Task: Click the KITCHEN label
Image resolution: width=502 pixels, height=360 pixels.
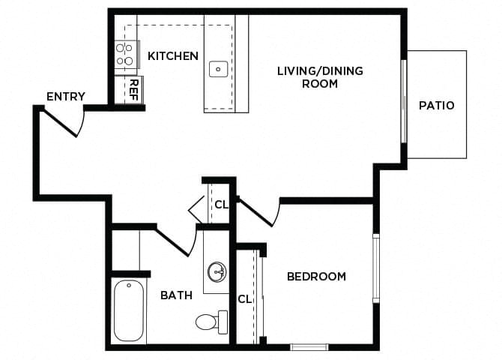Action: pyautogui.click(x=173, y=56)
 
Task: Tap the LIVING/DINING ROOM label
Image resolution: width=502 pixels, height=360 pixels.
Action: pyautogui.click(x=320, y=77)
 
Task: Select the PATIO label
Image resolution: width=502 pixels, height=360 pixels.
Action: pyautogui.click(x=436, y=106)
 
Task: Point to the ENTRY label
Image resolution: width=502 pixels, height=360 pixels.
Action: pyautogui.click(x=66, y=97)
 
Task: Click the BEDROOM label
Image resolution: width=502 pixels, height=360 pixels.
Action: pyautogui.click(x=316, y=277)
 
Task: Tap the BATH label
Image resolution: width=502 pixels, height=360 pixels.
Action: pyautogui.click(x=176, y=295)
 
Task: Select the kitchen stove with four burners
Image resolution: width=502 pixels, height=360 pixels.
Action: pyautogui.click(x=124, y=55)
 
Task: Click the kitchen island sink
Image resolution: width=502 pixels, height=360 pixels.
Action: pyautogui.click(x=218, y=69)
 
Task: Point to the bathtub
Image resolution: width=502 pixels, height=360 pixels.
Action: pyautogui.click(x=129, y=311)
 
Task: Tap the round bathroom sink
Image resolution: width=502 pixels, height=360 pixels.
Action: pyautogui.click(x=217, y=271)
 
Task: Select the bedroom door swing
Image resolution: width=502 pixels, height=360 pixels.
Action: pyautogui.click(x=258, y=212)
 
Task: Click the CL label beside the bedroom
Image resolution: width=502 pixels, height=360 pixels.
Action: pyautogui.click(x=244, y=299)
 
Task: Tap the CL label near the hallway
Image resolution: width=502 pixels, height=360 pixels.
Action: pyautogui.click(x=221, y=204)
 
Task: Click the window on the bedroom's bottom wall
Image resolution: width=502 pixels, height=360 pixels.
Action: pyautogui.click(x=309, y=346)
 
